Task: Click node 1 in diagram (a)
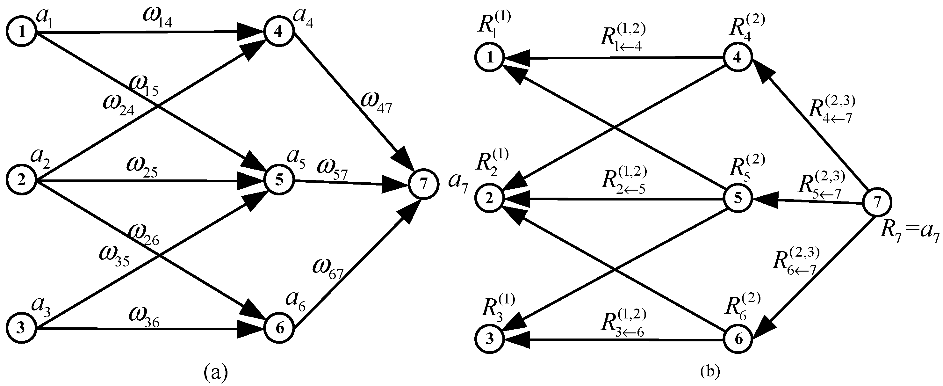(22, 32)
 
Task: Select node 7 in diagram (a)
(423, 185)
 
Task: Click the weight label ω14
(157, 22)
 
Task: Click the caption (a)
(215, 373)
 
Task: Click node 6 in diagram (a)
(279, 329)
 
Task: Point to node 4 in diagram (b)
(738, 57)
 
